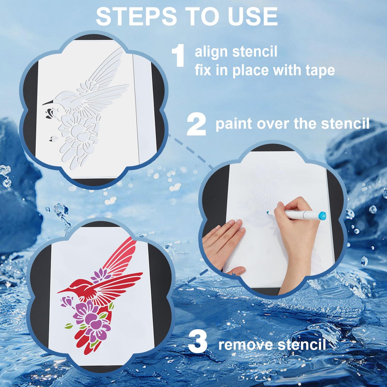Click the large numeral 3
tap(198, 342)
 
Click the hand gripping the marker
tap(297, 232)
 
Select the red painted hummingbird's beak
tap(63, 291)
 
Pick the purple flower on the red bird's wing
tap(101, 275)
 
